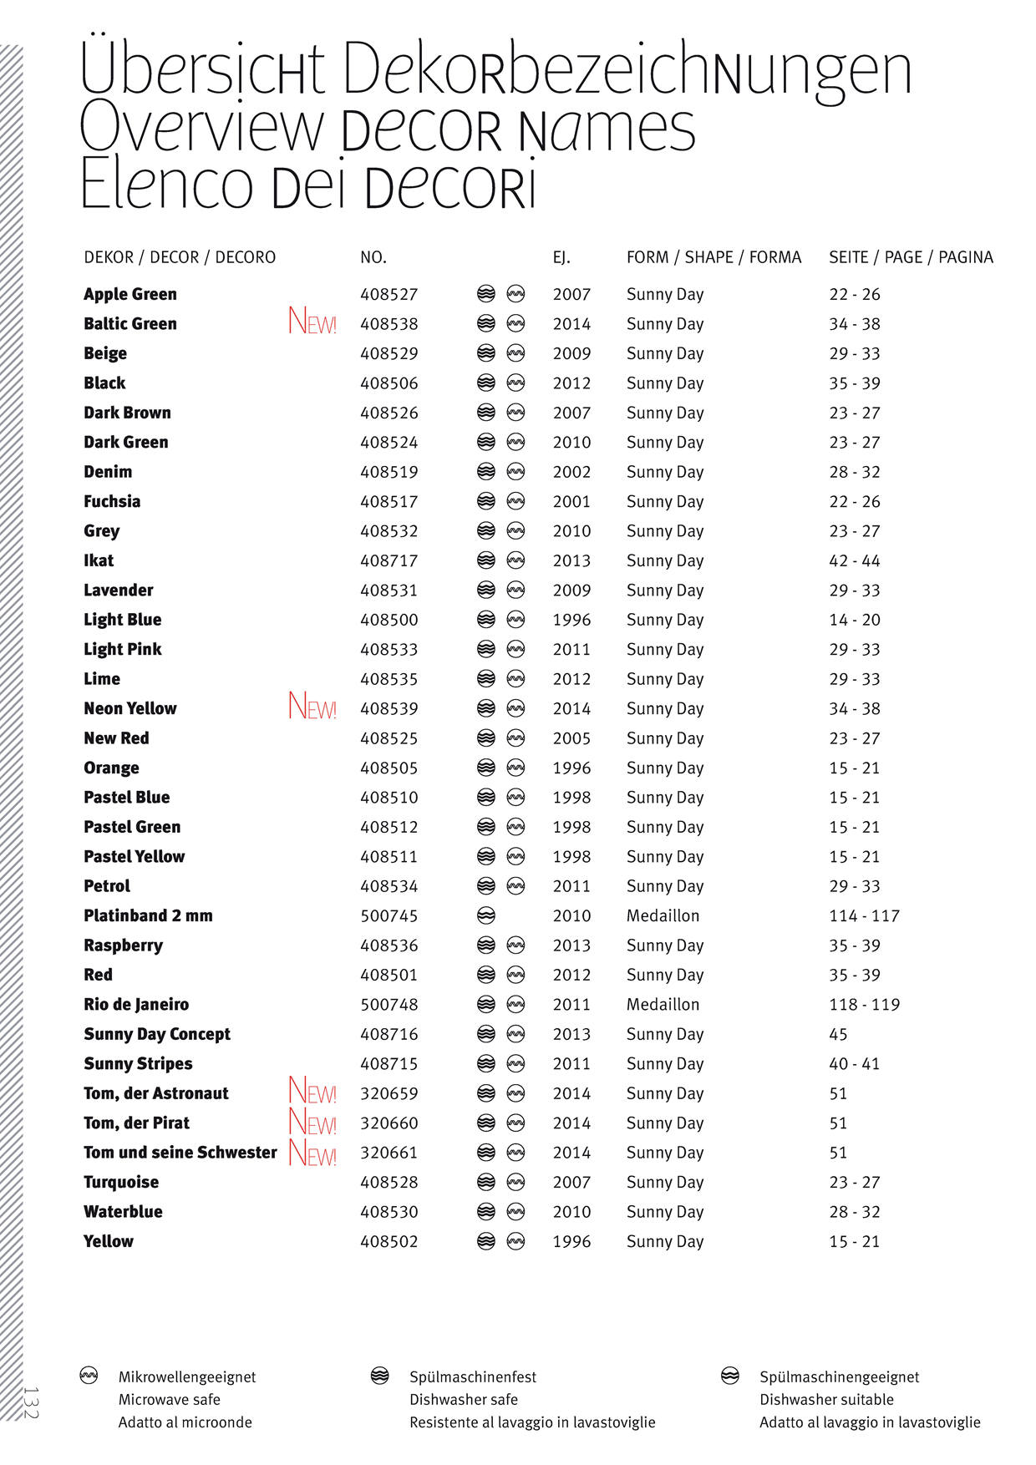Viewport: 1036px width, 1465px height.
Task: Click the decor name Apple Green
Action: [x=130, y=294]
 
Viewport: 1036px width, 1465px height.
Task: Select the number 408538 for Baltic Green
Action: [x=389, y=324]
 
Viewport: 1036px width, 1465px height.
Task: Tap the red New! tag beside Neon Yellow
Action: [x=312, y=707]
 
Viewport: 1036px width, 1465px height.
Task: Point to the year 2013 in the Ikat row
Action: [x=571, y=560]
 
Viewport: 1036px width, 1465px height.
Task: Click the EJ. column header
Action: [x=561, y=257]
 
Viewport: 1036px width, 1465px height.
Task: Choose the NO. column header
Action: [x=373, y=257]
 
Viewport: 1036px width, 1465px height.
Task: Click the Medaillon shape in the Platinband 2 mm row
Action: [x=663, y=915]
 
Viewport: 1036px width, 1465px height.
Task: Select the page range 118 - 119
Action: [x=864, y=1005]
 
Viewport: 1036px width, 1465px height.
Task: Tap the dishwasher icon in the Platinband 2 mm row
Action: [x=486, y=915]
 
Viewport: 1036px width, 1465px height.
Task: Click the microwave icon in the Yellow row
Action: [x=516, y=1241]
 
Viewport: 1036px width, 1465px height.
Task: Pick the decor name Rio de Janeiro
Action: [x=136, y=1005]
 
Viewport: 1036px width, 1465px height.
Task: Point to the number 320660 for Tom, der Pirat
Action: [x=389, y=1123]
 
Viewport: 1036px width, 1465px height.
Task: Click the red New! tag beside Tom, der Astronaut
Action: [x=312, y=1092]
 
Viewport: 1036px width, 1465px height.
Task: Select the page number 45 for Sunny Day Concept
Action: [x=838, y=1034]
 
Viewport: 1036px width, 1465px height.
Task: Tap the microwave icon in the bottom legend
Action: [x=89, y=1376]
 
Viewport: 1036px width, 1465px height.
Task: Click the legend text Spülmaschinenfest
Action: [x=473, y=1377]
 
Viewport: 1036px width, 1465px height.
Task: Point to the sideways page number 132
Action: [x=30, y=1402]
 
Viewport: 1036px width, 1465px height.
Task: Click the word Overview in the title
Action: [x=201, y=128]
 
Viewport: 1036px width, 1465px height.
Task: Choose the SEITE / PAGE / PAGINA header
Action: [x=911, y=257]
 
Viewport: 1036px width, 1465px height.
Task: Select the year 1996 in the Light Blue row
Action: [x=571, y=620]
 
